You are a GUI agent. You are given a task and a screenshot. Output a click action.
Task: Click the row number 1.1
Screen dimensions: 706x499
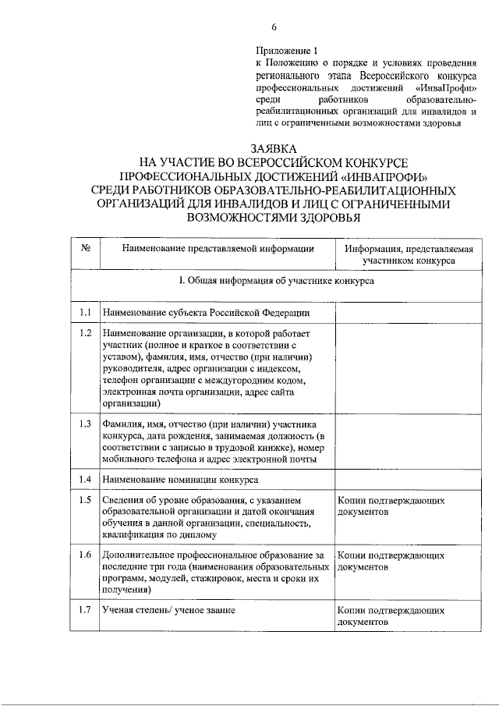click(x=85, y=313)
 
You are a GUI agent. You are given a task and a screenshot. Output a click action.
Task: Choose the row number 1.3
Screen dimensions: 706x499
click(x=85, y=424)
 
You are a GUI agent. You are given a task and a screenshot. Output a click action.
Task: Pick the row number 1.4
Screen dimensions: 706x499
click(x=85, y=478)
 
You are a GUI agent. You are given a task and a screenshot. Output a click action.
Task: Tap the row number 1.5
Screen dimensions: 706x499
click(x=85, y=499)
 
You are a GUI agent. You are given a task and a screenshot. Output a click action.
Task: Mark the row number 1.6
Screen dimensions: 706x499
click(x=85, y=555)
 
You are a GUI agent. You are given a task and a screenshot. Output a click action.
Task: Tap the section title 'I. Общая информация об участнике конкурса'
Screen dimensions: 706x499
click(x=276, y=281)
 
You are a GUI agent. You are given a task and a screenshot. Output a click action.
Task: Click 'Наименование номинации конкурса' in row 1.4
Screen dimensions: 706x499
click(x=180, y=479)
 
